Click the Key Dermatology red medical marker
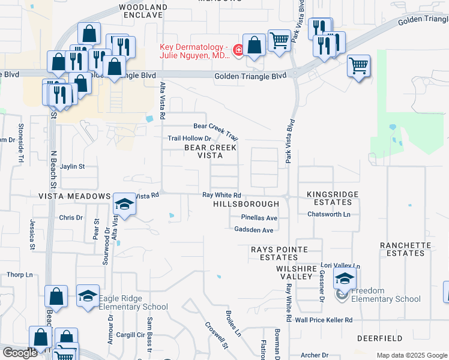(238, 50)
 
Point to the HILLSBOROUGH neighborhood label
(246, 205)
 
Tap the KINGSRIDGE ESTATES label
(333, 199)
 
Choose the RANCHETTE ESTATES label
(405, 250)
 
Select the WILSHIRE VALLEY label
(295, 272)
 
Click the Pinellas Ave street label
(259, 218)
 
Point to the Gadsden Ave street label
(255, 230)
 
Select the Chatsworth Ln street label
(328, 214)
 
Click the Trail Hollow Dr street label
(190, 139)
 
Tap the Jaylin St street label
(73, 166)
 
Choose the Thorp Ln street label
(20, 275)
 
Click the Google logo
(19, 353)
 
